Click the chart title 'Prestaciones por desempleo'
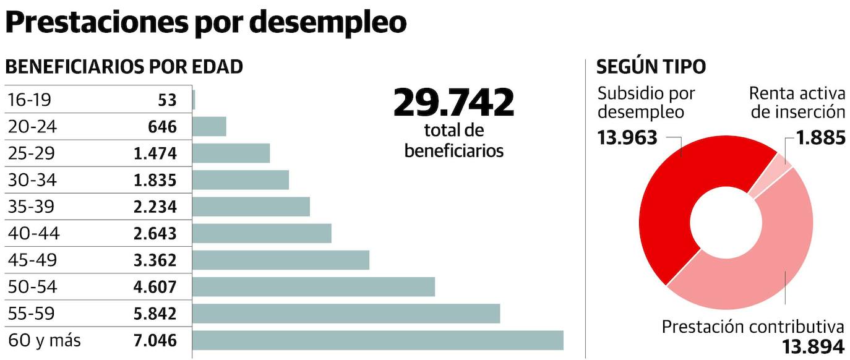click(205, 23)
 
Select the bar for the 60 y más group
click(378, 340)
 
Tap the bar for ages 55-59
click(346, 314)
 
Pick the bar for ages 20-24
click(210, 127)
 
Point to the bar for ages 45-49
click(281, 260)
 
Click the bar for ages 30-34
click(241, 180)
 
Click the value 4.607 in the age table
click(155, 287)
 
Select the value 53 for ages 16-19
click(166, 100)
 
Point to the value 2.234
click(155, 207)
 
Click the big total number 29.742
click(453, 103)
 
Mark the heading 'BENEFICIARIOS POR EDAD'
click(124, 67)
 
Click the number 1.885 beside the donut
click(820, 137)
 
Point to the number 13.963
click(627, 137)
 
